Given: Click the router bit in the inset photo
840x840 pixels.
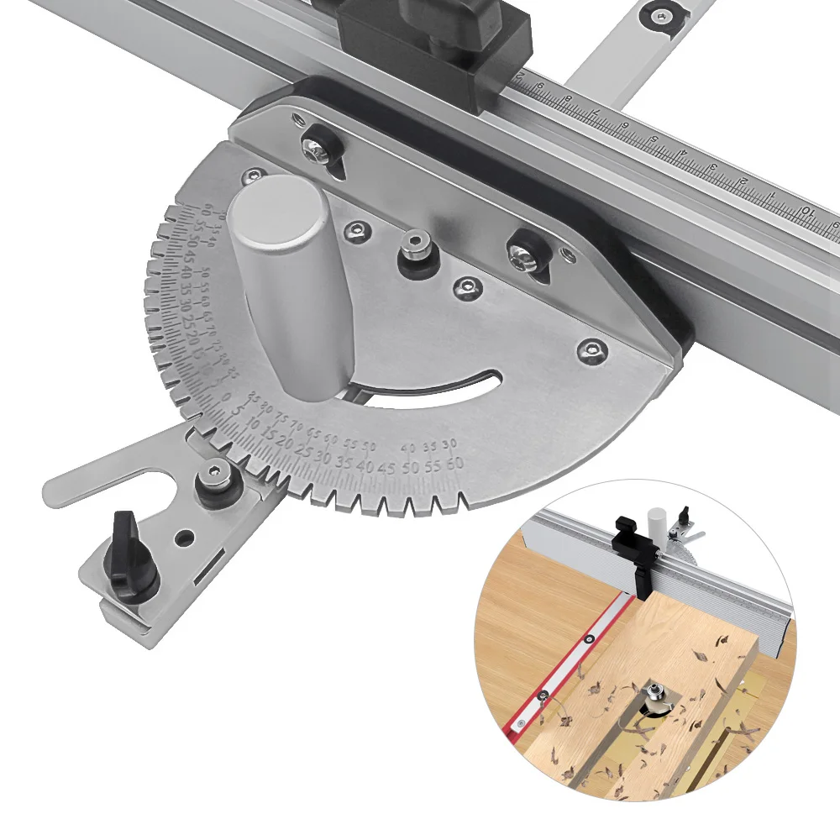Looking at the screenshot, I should [654, 696].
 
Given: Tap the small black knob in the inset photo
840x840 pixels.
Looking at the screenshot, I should [685, 514].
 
